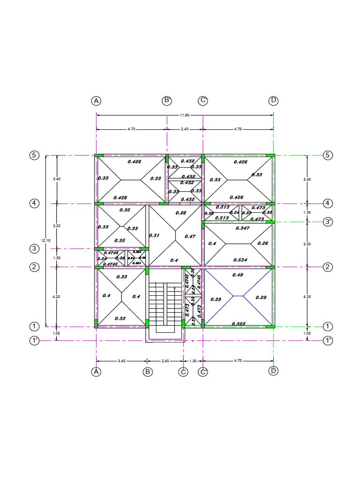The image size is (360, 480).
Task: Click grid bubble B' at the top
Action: pos(167,101)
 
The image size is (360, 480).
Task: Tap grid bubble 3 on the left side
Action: pos(34,248)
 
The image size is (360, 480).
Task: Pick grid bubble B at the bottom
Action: pos(148,372)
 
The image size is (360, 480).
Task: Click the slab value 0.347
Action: pos(243,227)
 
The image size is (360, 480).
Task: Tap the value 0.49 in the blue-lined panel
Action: pos(238,275)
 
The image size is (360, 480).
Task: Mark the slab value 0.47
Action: pos(190,237)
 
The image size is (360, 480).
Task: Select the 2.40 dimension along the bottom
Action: pos(165,361)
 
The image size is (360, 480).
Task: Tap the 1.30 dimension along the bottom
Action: pos(193,361)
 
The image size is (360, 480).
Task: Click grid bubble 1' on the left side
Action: pos(34,341)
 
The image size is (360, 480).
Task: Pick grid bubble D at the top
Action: pos(274,101)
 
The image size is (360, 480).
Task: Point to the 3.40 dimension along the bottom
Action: pos(121,361)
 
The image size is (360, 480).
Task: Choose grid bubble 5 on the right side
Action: pos(328,156)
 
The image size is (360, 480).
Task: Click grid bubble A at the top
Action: pos(96,101)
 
